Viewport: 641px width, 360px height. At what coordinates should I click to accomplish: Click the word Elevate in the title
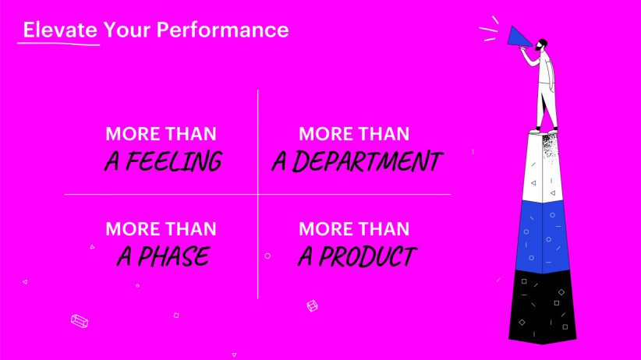pyautogui.click(x=60, y=30)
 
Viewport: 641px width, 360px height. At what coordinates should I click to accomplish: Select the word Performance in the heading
pyautogui.click(x=222, y=30)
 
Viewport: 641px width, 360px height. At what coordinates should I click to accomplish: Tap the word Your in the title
pyautogui.click(x=127, y=30)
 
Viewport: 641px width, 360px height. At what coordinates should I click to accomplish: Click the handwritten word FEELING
pyautogui.click(x=174, y=161)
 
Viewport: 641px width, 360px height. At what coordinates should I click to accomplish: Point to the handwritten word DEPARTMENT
pyautogui.click(x=367, y=161)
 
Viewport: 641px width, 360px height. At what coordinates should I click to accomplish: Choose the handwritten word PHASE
pyautogui.click(x=174, y=256)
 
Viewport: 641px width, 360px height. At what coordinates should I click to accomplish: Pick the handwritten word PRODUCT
pyautogui.click(x=367, y=256)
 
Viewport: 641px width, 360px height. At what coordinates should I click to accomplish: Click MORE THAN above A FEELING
pyautogui.click(x=161, y=134)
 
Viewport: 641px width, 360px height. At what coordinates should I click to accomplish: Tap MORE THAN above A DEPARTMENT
pyautogui.click(x=354, y=134)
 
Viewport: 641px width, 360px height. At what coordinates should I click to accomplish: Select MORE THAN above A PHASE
pyautogui.click(x=161, y=229)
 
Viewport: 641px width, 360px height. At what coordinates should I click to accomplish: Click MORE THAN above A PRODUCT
pyautogui.click(x=354, y=229)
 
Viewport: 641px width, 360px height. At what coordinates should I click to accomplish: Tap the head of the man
pyautogui.click(x=541, y=44)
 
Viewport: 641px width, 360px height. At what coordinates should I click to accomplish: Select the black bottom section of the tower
pyautogui.click(x=543, y=306)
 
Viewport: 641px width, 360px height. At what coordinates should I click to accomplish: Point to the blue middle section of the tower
pyautogui.click(x=543, y=237)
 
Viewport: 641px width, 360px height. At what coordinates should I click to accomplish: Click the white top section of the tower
pyautogui.click(x=543, y=168)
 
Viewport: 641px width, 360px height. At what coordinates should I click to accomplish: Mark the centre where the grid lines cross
pyautogui.click(x=258, y=195)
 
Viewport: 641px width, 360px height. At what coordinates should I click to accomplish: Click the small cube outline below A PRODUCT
pyautogui.click(x=313, y=305)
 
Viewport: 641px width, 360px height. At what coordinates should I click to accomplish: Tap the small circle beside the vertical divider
pyautogui.click(x=267, y=256)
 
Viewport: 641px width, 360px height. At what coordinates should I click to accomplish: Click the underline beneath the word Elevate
pyautogui.click(x=58, y=44)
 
